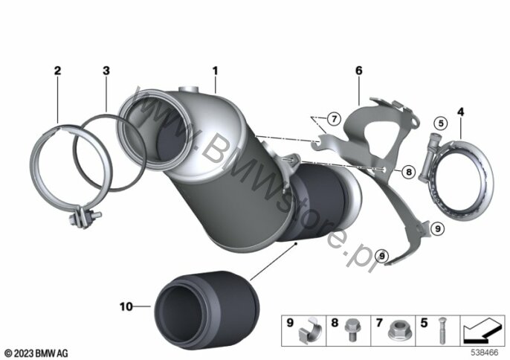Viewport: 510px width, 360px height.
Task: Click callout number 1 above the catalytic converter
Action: pos(215,71)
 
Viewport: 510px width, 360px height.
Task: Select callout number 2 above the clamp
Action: pos(57,71)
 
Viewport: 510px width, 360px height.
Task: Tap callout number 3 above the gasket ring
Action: pos(106,71)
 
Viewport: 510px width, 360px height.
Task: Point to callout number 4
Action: pos(460,112)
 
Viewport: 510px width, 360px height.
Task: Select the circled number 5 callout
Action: pos(439,122)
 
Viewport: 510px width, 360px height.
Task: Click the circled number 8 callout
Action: pos(407,172)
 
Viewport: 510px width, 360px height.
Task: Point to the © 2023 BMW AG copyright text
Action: pos(36,351)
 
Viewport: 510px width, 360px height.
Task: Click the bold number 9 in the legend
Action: pos(291,324)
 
